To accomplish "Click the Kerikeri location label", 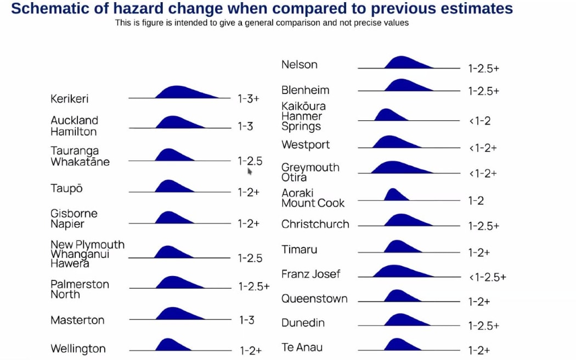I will tap(70, 99).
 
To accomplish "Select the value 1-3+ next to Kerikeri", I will tap(248, 99).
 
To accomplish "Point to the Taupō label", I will tap(66, 189).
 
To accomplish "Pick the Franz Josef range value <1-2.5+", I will tap(487, 277).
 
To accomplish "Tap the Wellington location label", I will tap(78, 349).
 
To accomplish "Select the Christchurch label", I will tap(315, 224).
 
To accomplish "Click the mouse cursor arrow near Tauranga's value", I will tap(250, 171).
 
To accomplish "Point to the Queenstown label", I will tap(314, 299).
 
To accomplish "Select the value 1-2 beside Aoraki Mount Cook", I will tap(476, 201).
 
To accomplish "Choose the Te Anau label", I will tap(302, 347).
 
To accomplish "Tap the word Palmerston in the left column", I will tap(80, 284).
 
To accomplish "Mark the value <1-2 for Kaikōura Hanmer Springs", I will tap(479, 121).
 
